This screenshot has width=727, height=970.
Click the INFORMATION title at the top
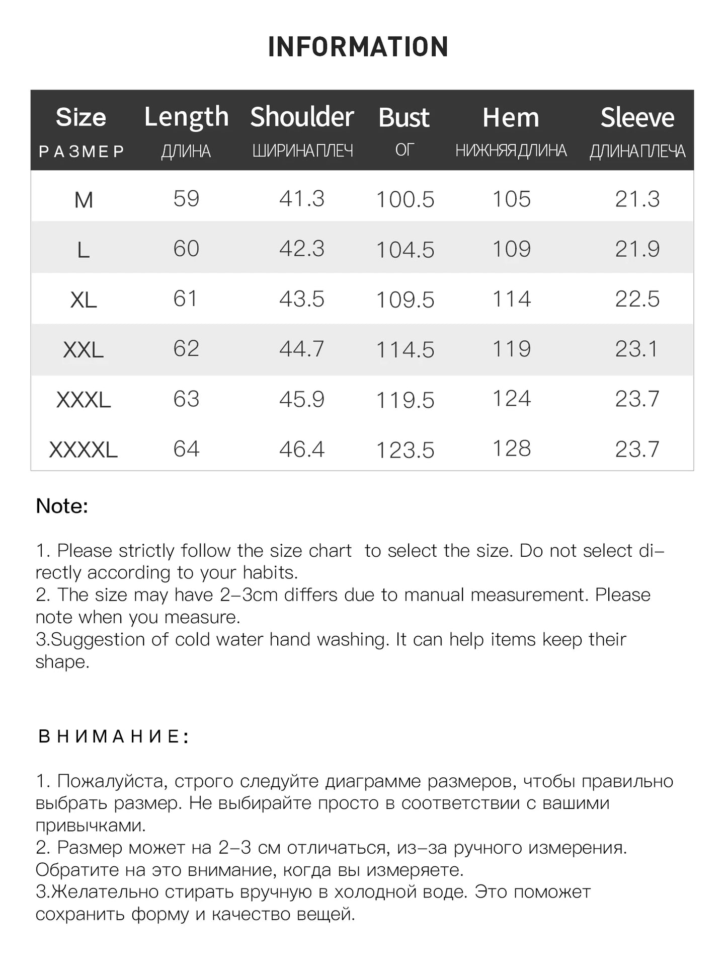click(358, 47)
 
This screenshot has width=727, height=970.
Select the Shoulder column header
click(302, 117)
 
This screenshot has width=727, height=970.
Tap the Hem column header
click(511, 118)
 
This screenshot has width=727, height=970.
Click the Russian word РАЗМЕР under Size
click(82, 152)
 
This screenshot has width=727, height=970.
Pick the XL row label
click(84, 300)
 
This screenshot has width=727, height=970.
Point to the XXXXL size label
click(84, 450)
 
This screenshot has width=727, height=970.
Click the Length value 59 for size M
click(186, 199)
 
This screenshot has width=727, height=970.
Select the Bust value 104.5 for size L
click(405, 250)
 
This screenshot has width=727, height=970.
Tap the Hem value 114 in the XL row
click(511, 299)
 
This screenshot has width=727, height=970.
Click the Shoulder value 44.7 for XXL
click(302, 349)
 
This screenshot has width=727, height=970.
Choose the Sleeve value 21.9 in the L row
click(637, 249)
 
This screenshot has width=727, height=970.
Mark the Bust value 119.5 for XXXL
click(405, 400)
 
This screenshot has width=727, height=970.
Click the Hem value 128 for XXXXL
click(511, 449)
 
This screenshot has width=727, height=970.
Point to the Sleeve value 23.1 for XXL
click(636, 349)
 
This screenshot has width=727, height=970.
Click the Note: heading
click(62, 506)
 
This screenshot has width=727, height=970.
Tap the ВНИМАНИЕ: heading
click(113, 736)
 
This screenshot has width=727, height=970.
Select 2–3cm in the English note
click(249, 595)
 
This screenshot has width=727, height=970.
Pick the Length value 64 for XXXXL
click(186, 449)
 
